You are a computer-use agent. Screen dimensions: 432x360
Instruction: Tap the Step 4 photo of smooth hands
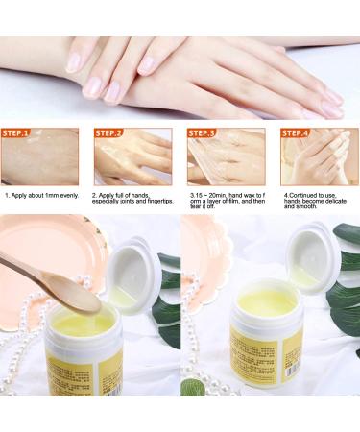pyautogui.click(x=314, y=161)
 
